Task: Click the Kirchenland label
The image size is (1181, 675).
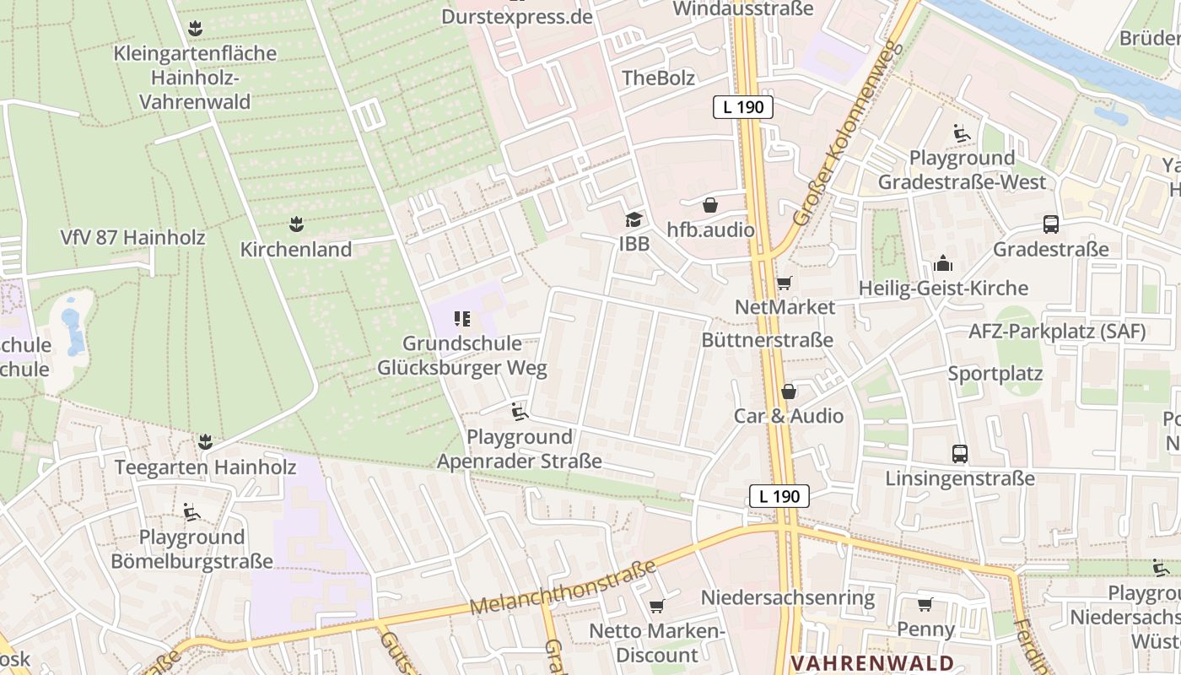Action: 295,250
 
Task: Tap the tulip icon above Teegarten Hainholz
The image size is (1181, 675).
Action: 204,441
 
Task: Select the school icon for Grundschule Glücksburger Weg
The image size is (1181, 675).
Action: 461,319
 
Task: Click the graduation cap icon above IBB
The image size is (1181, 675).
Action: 633,220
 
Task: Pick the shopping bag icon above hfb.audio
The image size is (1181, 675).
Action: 710,205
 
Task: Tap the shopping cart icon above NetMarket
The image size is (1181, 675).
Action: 785,283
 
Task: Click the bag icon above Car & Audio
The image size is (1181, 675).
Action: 789,391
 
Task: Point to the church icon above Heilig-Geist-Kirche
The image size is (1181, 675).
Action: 943,264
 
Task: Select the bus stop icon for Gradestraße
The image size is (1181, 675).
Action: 1051,224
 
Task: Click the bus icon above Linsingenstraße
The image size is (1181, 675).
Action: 960,454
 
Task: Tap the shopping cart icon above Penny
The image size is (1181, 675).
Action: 925,604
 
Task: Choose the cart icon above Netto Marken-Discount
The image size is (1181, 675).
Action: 656,606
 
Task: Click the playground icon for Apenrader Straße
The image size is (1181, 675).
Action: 519,412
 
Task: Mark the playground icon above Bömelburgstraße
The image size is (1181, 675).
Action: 191,511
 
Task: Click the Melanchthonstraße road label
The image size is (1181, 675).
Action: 563,588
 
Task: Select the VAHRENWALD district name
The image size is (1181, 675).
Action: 872,663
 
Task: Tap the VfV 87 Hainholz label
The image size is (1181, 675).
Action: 132,238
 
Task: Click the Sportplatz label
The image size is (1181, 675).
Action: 995,374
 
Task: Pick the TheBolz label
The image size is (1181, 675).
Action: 658,78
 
